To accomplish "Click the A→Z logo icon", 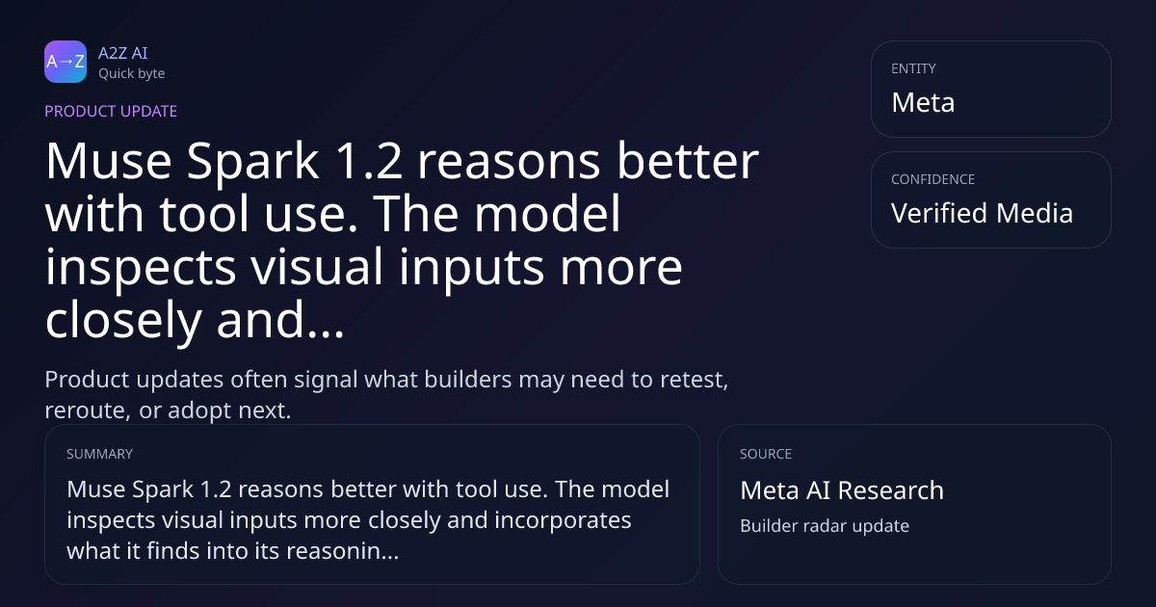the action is click(66, 62).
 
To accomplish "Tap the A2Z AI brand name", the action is click(123, 53).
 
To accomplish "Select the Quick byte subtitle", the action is click(132, 74).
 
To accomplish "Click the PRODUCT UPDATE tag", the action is click(111, 111).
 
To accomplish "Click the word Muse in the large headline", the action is click(108, 162).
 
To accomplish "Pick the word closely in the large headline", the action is click(123, 321).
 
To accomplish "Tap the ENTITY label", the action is click(913, 68).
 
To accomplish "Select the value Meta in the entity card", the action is click(923, 102).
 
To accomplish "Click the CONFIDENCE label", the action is click(933, 179).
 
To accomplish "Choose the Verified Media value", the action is click(982, 213).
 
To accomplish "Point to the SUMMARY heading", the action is click(99, 454).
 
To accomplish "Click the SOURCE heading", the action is click(766, 454).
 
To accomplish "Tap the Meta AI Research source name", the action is click(842, 490).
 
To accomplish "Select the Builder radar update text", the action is click(825, 526).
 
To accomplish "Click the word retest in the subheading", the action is click(695, 380).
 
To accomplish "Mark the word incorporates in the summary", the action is click(563, 520).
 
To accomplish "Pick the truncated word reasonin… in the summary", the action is click(343, 551).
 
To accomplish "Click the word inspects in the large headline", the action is click(141, 268).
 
